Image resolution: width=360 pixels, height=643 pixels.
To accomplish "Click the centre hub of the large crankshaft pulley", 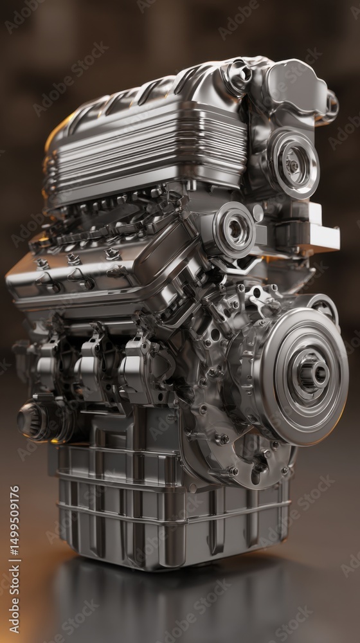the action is [314, 374].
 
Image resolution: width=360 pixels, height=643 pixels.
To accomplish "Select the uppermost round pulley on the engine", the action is [293, 164].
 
